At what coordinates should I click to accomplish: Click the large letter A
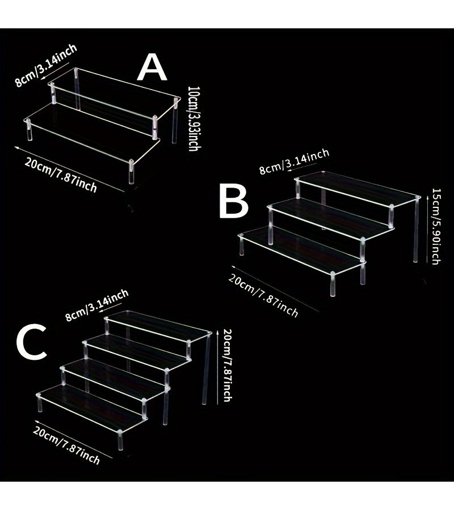[x=152, y=67]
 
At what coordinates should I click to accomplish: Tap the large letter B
[x=234, y=201]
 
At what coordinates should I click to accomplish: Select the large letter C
[x=31, y=343]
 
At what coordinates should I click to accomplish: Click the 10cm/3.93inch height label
[x=194, y=118]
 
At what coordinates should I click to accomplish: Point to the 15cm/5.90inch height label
[x=436, y=226]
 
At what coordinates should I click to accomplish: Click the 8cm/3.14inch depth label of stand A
[x=46, y=65]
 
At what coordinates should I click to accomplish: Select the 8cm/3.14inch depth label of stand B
[x=294, y=161]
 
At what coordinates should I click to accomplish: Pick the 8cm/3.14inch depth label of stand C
[x=96, y=305]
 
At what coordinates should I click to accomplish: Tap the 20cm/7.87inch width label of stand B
[x=263, y=295]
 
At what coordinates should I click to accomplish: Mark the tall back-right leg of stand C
[x=206, y=368]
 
